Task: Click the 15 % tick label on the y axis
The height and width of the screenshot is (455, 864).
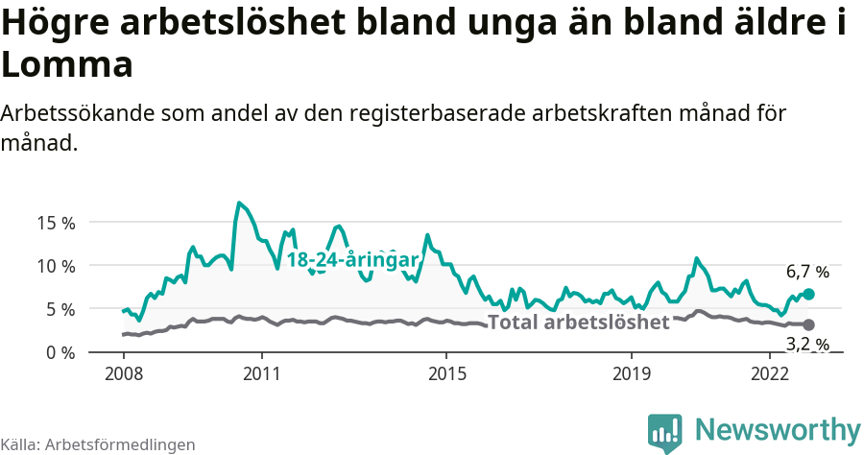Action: (x=56, y=223)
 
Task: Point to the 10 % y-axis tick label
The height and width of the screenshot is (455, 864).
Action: (x=56, y=266)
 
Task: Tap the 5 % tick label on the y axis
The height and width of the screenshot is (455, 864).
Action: (x=60, y=309)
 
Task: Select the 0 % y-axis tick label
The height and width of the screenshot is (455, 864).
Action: (x=60, y=352)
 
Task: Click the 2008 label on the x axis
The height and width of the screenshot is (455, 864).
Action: (x=123, y=372)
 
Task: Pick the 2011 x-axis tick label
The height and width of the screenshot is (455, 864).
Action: (x=261, y=372)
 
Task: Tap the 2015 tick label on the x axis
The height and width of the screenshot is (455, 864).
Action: (x=446, y=372)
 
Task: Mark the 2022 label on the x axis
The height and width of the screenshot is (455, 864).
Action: (x=770, y=372)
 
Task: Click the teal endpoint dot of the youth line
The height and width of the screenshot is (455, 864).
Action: (x=808, y=294)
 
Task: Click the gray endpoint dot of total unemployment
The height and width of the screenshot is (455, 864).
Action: (x=808, y=324)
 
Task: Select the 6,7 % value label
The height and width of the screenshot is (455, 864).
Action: (x=806, y=272)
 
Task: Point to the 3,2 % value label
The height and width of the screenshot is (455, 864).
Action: (x=806, y=344)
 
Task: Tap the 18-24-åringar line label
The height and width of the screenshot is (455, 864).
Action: (x=352, y=260)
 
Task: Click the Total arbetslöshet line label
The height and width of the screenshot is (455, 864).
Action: (x=578, y=323)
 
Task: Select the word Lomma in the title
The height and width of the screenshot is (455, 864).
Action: (x=66, y=64)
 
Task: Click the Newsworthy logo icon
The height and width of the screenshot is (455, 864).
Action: (x=665, y=433)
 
